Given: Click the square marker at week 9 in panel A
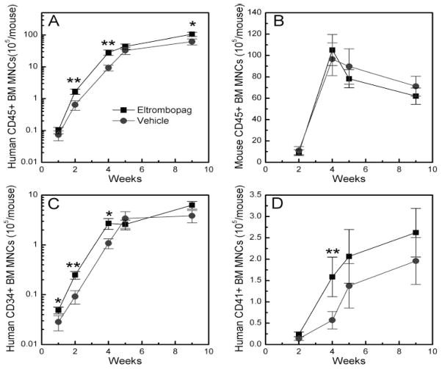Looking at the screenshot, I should pos(192,34).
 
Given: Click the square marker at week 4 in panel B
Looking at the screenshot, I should pos(332,51).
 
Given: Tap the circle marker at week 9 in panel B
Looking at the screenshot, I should pos(417,87).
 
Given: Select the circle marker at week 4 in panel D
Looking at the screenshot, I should pos(332,320).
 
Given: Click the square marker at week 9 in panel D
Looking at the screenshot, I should pos(417,233).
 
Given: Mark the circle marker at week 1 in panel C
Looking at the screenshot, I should pos(59,321).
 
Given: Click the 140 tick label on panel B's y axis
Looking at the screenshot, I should pos(252,12).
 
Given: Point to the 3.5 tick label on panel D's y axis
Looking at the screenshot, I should pos(252,195).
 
